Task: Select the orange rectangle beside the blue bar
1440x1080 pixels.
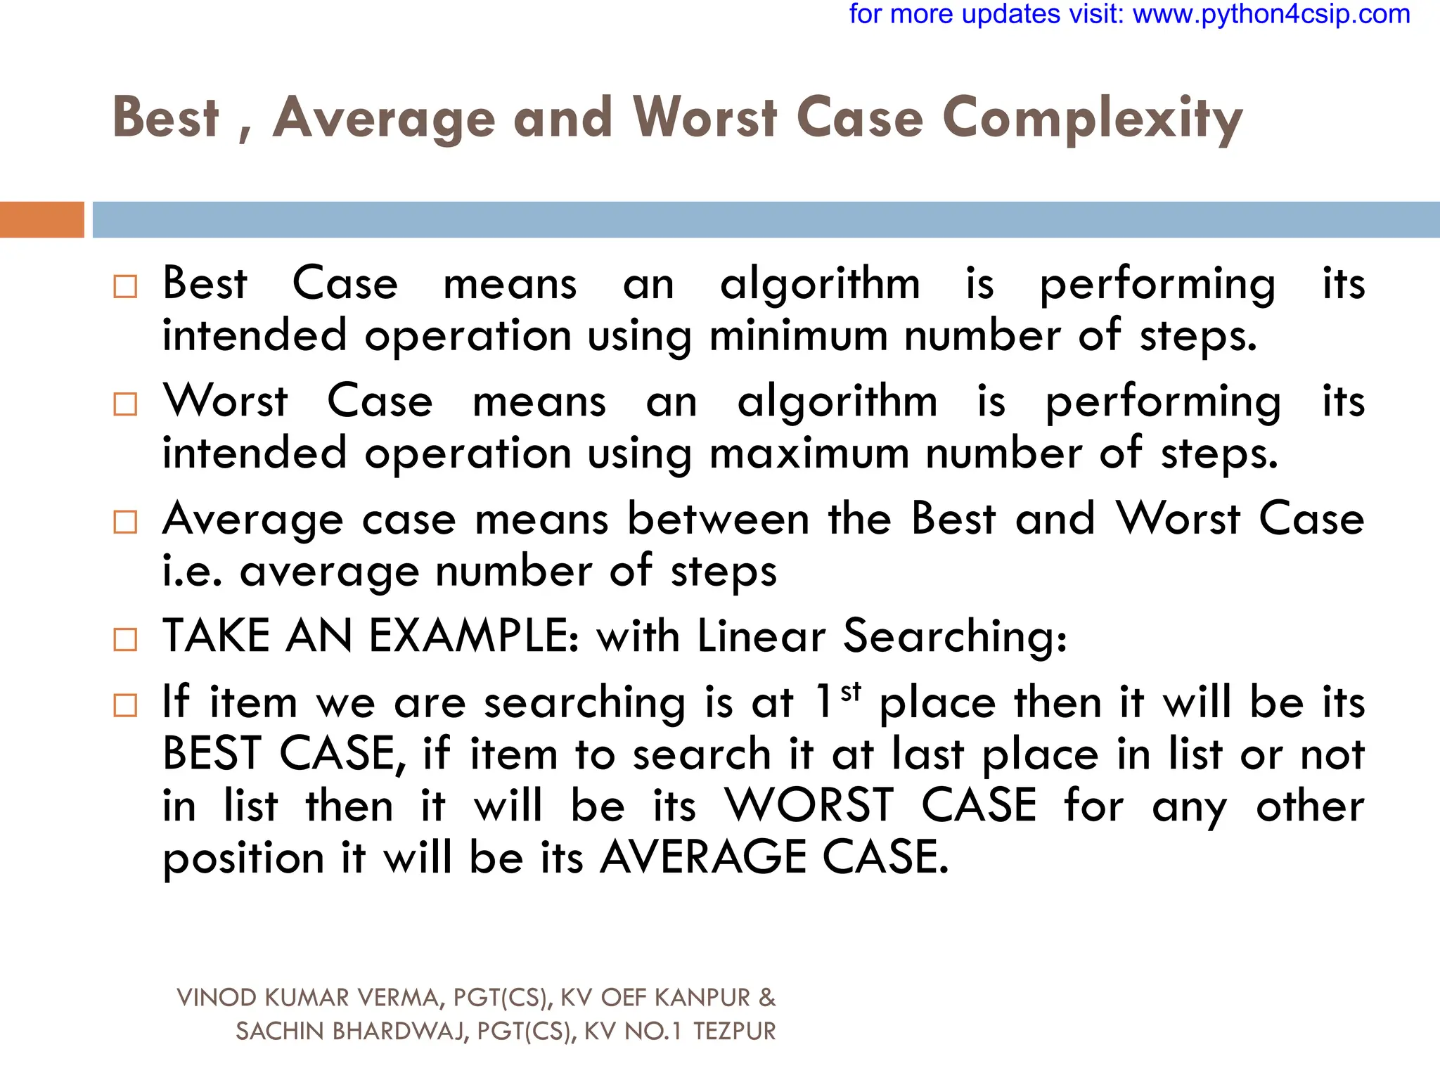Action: click(x=41, y=219)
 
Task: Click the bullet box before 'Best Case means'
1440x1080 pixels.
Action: click(x=125, y=286)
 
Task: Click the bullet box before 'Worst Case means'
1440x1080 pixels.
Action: click(x=125, y=404)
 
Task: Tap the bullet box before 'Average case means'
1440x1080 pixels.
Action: click(x=125, y=522)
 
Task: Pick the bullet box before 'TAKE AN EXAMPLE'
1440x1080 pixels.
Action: click(x=125, y=639)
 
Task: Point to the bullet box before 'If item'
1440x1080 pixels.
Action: click(x=125, y=705)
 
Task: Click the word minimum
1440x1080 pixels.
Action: click(x=798, y=335)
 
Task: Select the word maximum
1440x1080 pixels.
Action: click(x=809, y=454)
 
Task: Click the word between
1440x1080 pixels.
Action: click(x=718, y=520)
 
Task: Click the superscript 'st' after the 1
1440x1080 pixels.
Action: click(x=851, y=692)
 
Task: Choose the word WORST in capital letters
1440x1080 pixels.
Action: click(x=809, y=805)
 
